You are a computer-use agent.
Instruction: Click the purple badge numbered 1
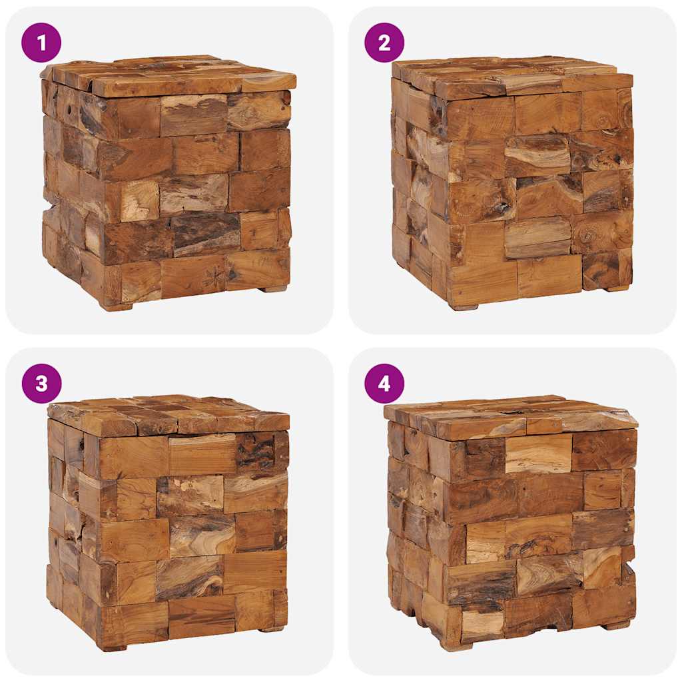point(41,43)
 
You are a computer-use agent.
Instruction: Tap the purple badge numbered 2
point(384,43)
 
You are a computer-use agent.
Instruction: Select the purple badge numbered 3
point(41,384)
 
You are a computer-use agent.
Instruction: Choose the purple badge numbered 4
point(384,384)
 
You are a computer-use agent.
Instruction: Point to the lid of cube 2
point(513,75)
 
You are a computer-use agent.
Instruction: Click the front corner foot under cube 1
point(116,306)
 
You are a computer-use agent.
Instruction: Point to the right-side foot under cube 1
point(273,289)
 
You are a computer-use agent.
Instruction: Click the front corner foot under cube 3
point(112,647)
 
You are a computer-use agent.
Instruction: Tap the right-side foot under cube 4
point(616,625)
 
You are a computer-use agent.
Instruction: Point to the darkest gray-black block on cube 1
point(206,233)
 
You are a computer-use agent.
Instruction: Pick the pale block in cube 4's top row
point(538,454)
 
